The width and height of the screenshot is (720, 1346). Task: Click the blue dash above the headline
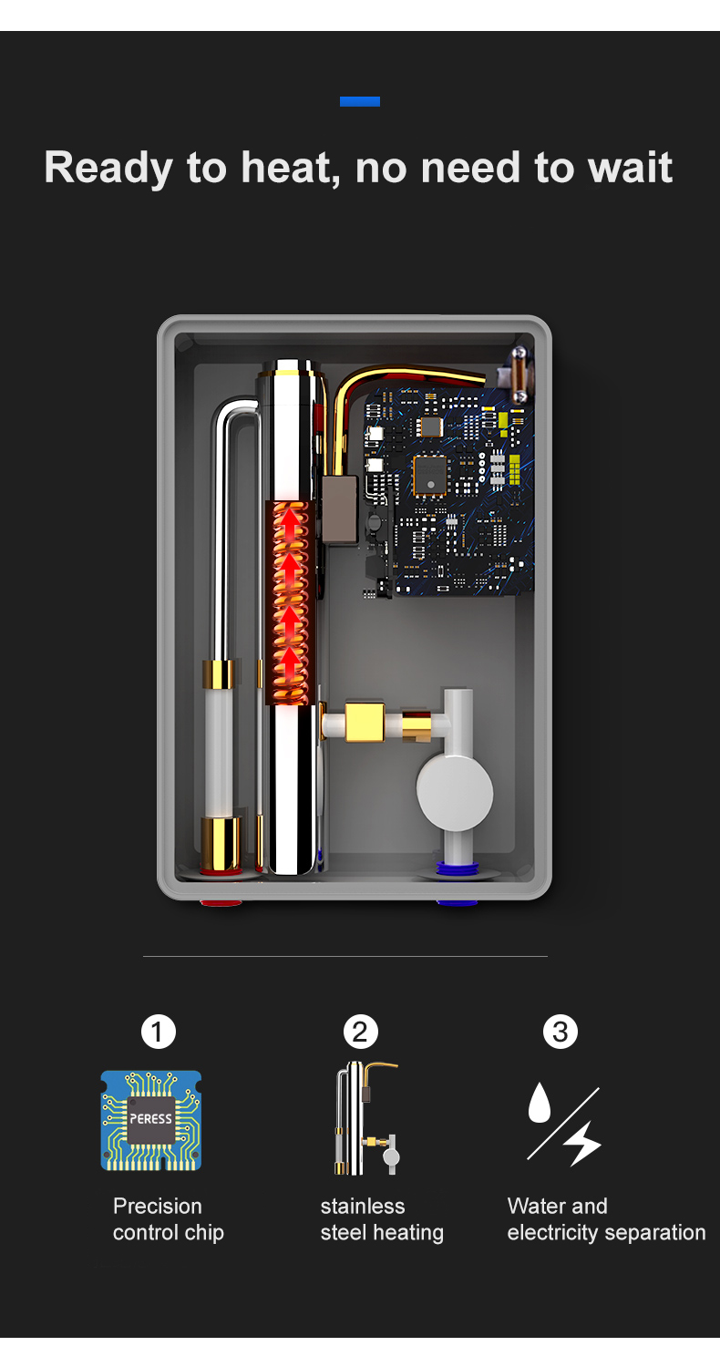click(359, 101)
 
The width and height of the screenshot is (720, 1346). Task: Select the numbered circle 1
click(158, 1033)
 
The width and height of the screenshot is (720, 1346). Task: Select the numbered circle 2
click(360, 1033)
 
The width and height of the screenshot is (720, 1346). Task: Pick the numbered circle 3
click(561, 1033)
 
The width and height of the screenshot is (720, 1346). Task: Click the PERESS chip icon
click(151, 1120)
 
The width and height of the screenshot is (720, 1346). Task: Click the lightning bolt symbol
click(582, 1143)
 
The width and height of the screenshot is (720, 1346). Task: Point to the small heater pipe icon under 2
click(365, 1118)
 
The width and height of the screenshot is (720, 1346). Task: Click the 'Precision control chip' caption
click(168, 1219)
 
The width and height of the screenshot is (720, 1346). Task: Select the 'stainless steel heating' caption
click(381, 1219)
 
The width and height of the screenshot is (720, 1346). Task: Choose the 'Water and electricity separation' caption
click(606, 1219)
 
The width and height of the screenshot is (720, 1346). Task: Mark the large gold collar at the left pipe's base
click(221, 842)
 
